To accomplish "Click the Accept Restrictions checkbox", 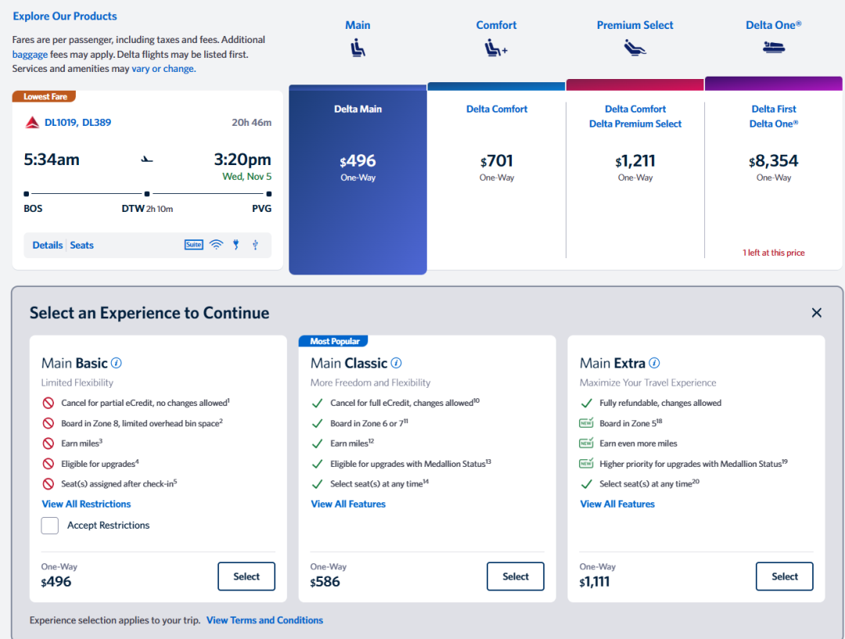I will point(50,526).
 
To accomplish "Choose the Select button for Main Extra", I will point(784,576).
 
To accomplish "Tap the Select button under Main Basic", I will point(246,576).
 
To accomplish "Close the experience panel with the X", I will point(816,313).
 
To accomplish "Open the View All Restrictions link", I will point(86,504).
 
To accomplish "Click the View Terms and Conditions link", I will point(264,620).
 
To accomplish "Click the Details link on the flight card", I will point(48,246).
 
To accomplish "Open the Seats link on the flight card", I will point(82,246).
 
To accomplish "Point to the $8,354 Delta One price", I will point(773,162).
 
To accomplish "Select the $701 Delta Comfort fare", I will point(497,162).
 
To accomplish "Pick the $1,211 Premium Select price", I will point(635,162).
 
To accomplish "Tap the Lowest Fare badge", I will point(45,97).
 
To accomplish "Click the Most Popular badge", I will point(334,341).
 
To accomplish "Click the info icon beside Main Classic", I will point(397,363).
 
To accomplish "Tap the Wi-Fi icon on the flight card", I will point(216,245).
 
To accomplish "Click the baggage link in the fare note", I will point(30,55).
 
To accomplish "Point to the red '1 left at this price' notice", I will point(773,253).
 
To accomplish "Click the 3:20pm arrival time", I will point(243,160).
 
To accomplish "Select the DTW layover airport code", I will point(133,209).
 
